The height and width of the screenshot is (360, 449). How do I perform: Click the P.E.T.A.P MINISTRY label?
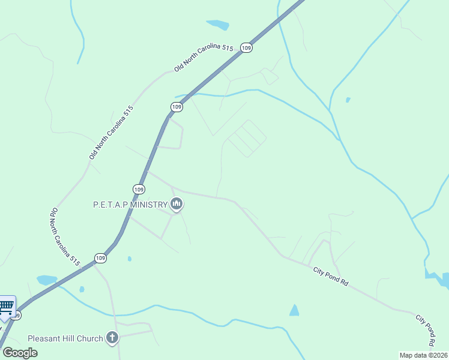point(130,205)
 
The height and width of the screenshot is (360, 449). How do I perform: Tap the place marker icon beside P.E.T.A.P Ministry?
point(176,205)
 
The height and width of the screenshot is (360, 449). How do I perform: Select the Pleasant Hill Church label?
point(65,338)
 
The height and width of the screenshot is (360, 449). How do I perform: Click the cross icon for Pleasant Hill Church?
point(112,338)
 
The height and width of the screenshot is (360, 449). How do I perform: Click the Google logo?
point(20,352)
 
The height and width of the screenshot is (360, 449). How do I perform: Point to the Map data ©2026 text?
point(423,355)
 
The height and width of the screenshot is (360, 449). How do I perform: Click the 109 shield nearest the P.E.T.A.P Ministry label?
point(139,189)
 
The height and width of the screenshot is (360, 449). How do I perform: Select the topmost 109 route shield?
point(246,47)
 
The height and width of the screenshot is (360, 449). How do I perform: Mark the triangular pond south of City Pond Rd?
point(294,310)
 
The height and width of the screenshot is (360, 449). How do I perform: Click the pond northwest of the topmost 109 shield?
point(218,25)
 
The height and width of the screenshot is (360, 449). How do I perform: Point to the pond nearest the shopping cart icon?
point(46,280)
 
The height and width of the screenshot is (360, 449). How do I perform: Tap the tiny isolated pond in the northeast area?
point(348,100)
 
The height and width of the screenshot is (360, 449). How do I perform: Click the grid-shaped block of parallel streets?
point(246,139)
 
